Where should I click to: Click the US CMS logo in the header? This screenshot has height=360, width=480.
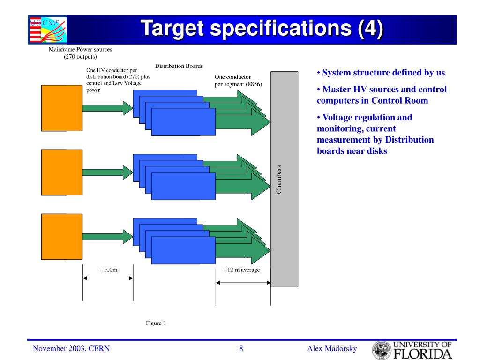48,30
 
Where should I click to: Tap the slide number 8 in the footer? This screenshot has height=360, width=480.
241,348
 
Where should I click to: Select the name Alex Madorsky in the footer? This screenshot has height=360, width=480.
332,348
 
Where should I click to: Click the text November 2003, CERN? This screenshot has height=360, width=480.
71,348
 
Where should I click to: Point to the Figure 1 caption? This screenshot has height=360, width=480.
156,323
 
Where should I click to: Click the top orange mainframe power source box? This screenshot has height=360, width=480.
62,108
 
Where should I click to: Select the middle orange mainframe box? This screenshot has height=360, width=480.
62,172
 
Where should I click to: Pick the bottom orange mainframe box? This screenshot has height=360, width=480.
62,236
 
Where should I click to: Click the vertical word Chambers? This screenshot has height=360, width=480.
279,179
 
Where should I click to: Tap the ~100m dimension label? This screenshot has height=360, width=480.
108,270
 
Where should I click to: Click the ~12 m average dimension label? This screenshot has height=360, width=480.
241,270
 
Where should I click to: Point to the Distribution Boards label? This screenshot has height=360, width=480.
179,66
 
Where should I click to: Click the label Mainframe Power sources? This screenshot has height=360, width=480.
81,49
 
